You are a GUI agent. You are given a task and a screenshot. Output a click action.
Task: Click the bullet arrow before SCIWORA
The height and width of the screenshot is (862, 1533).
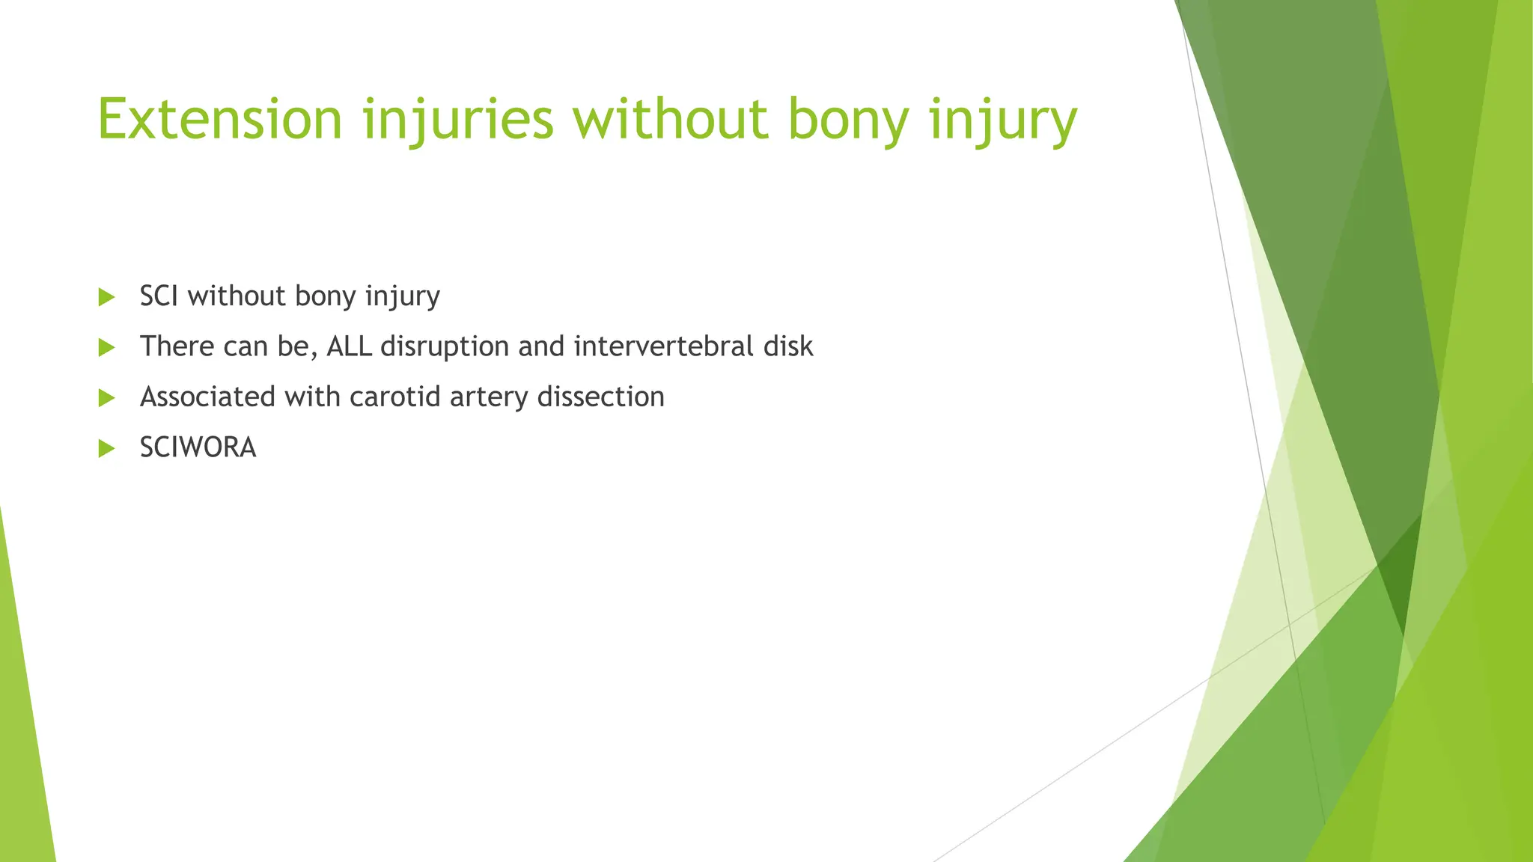[x=106, y=448]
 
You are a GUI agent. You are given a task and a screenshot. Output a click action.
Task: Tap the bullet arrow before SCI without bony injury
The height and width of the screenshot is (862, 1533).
[x=106, y=297]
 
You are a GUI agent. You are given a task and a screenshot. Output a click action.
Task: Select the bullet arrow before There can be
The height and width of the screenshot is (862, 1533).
[x=106, y=347]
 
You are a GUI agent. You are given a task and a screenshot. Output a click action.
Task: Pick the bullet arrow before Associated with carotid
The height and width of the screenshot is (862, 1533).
[x=106, y=397]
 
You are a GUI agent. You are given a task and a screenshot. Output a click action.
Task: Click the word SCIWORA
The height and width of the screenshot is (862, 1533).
[x=198, y=447]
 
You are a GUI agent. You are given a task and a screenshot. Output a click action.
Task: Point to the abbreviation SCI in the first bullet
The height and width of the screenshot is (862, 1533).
[x=159, y=296]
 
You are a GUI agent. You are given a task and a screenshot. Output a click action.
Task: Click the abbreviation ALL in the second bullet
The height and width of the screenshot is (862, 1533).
[x=349, y=346]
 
